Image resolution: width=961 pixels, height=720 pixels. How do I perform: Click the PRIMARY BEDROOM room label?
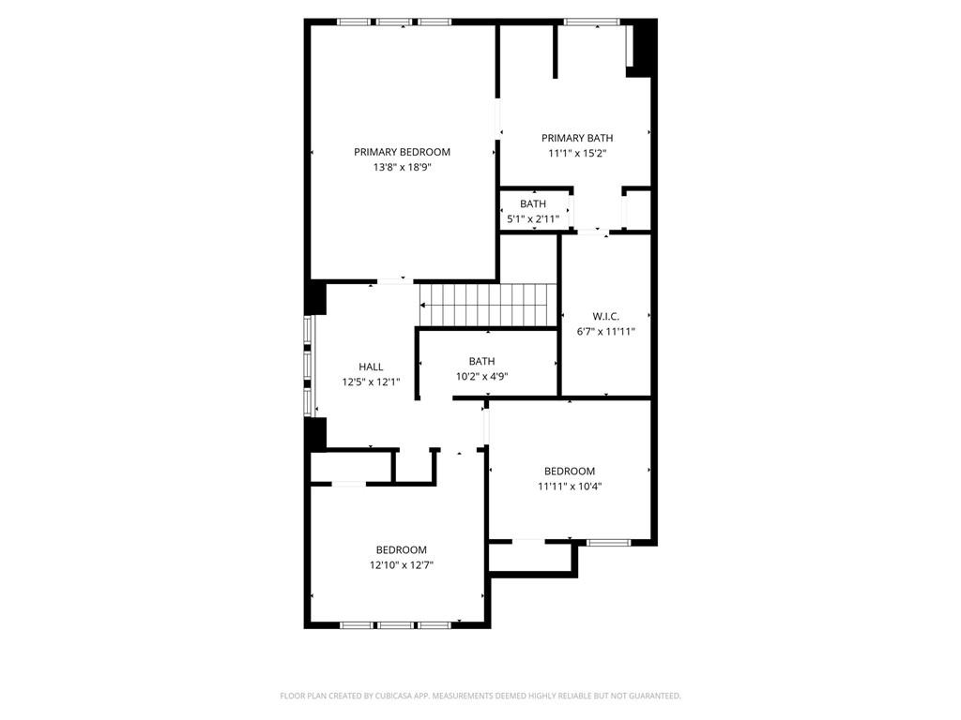(x=402, y=152)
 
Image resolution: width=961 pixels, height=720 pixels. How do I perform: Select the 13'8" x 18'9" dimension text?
(x=402, y=167)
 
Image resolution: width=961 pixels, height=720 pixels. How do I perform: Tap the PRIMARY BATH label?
(x=577, y=138)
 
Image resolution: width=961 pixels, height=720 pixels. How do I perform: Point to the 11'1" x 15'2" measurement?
(x=577, y=153)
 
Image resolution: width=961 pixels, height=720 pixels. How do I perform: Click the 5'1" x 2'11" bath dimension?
(x=533, y=218)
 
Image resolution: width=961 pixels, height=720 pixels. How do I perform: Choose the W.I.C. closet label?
(x=605, y=317)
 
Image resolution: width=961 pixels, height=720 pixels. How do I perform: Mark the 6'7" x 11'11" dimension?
(x=605, y=332)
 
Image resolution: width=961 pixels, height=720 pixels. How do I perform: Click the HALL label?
(x=371, y=367)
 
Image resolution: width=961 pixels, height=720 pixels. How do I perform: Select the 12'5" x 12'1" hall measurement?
(x=371, y=382)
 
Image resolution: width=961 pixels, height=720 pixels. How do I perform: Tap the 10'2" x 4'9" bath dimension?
(x=481, y=377)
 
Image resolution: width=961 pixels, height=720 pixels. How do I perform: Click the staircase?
(x=488, y=305)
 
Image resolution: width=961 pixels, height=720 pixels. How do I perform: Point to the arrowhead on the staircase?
(x=422, y=305)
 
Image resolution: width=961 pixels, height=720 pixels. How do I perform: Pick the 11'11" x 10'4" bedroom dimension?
(x=570, y=487)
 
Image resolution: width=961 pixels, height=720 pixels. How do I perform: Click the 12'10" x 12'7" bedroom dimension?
(x=402, y=565)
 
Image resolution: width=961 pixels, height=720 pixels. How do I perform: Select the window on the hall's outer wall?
(x=308, y=367)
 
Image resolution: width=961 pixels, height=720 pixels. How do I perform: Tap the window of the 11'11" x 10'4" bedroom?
(x=608, y=542)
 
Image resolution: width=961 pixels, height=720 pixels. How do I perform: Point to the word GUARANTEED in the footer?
(x=656, y=697)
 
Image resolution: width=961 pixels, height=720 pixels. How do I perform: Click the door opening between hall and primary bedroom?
(x=395, y=281)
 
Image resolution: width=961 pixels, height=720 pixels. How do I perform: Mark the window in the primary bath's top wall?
(x=591, y=22)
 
